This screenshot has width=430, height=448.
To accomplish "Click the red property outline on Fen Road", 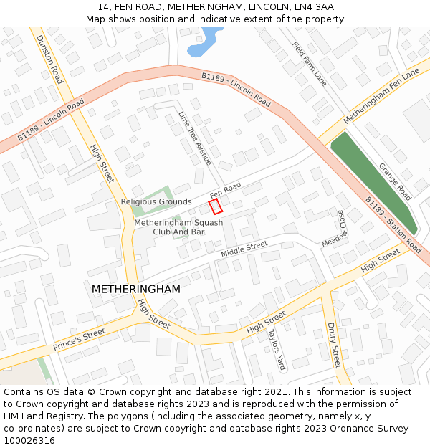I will click(x=215, y=206).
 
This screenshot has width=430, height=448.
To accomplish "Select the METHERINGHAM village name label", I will click(x=135, y=289).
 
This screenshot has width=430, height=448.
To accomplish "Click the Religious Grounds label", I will click(x=156, y=202).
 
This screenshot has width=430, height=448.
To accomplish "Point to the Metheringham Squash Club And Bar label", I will click(x=179, y=227).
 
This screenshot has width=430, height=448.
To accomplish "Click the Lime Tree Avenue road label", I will click(x=195, y=138).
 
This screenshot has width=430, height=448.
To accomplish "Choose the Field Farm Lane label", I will click(x=309, y=64).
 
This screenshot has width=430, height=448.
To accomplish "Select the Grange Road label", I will click(x=395, y=181).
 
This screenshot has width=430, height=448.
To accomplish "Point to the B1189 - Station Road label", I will click(x=393, y=225).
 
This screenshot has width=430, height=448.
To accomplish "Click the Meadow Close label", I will click(x=334, y=229).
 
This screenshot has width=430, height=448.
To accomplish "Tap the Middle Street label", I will click(x=244, y=249).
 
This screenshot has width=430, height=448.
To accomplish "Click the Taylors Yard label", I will click(x=277, y=350).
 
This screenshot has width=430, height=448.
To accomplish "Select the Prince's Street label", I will click(x=79, y=339).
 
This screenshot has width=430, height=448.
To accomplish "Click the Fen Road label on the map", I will click(x=225, y=191).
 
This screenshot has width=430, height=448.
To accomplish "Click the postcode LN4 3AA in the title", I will click(x=315, y=6).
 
